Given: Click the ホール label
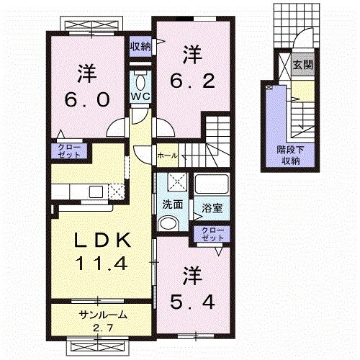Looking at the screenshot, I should click(166, 153).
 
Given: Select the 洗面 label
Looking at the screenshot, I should click(171, 204).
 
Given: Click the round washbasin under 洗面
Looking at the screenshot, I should click(168, 223).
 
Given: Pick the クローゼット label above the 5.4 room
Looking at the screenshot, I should click(212, 234).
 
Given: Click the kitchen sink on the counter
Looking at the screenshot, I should click(95, 192).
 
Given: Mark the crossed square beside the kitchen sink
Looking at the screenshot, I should click(115, 192).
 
